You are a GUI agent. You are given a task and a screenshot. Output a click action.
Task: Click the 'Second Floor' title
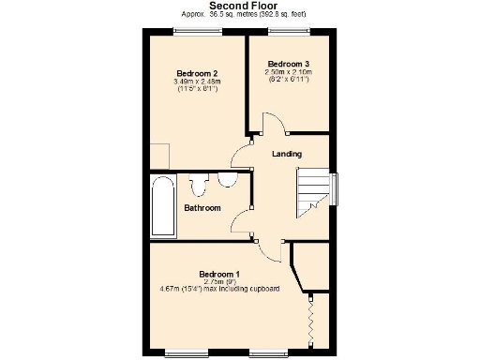(x=240, y=6)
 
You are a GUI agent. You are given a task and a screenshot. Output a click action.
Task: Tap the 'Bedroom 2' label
(x=198, y=73)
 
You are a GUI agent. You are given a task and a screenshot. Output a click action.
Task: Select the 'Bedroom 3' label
(x=289, y=63)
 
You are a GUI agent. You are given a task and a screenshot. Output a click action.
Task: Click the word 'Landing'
(x=286, y=154)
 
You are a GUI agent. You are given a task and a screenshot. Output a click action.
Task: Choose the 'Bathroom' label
(x=202, y=207)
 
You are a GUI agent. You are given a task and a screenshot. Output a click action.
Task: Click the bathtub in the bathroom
(x=162, y=205)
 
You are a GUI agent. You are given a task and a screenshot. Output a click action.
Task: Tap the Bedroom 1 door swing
(x=269, y=250)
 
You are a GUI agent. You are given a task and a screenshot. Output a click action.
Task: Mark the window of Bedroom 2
(x=197, y=30)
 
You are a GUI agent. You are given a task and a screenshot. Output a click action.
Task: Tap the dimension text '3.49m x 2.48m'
(x=198, y=82)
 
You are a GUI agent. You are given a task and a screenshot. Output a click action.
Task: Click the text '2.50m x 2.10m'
(x=289, y=71)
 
